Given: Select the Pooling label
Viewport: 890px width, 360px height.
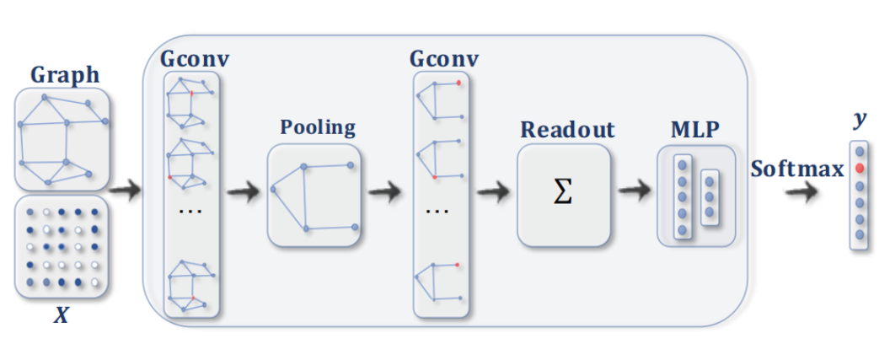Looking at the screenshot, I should (x=317, y=128).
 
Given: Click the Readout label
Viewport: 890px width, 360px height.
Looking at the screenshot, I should (x=567, y=130).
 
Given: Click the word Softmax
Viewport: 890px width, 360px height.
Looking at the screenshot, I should (x=796, y=169).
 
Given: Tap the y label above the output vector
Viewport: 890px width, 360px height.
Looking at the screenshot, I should (x=859, y=120).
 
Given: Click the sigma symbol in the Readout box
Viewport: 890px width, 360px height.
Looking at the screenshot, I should (x=562, y=193).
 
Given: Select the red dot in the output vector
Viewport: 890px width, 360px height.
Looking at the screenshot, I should (x=859, y=169).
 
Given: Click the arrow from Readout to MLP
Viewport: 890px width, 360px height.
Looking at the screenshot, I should (x=635, y=193).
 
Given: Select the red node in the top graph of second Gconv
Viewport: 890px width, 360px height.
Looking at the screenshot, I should (x=458, y=83).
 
